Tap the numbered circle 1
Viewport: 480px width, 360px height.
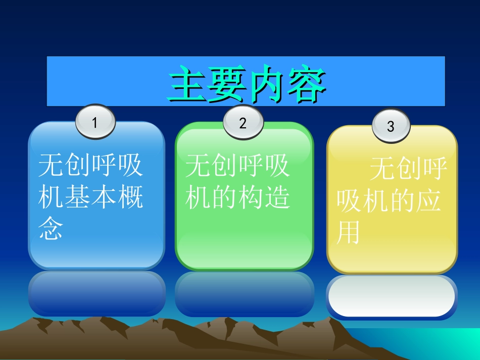click(95, 123)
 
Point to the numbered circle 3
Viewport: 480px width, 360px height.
click(391, 126)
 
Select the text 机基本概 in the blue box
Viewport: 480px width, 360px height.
click(91, 197)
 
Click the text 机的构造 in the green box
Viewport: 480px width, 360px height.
click(237, 197)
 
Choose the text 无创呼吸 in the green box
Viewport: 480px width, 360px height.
click(237, 166)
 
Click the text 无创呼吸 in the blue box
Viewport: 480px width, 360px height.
click(91, 166)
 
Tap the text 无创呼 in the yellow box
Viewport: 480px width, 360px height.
click(408, 169)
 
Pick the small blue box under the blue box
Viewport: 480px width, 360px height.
click(97, 293)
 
